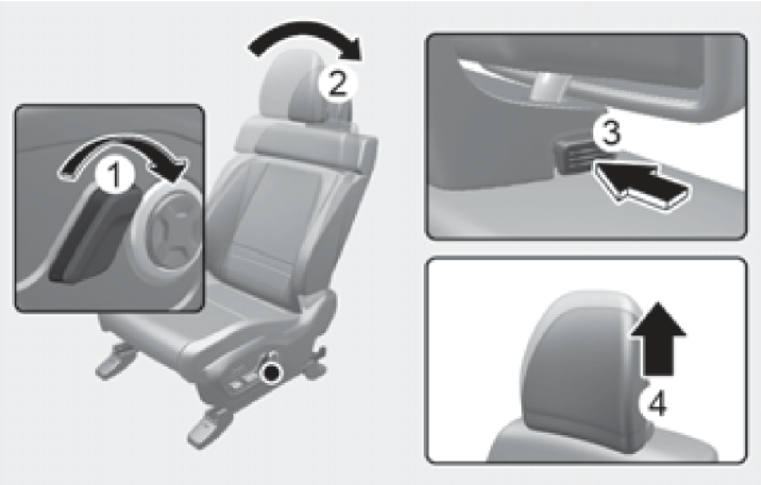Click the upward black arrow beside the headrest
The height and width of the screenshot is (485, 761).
point(658,340)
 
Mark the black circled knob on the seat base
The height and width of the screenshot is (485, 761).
point(270,373)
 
